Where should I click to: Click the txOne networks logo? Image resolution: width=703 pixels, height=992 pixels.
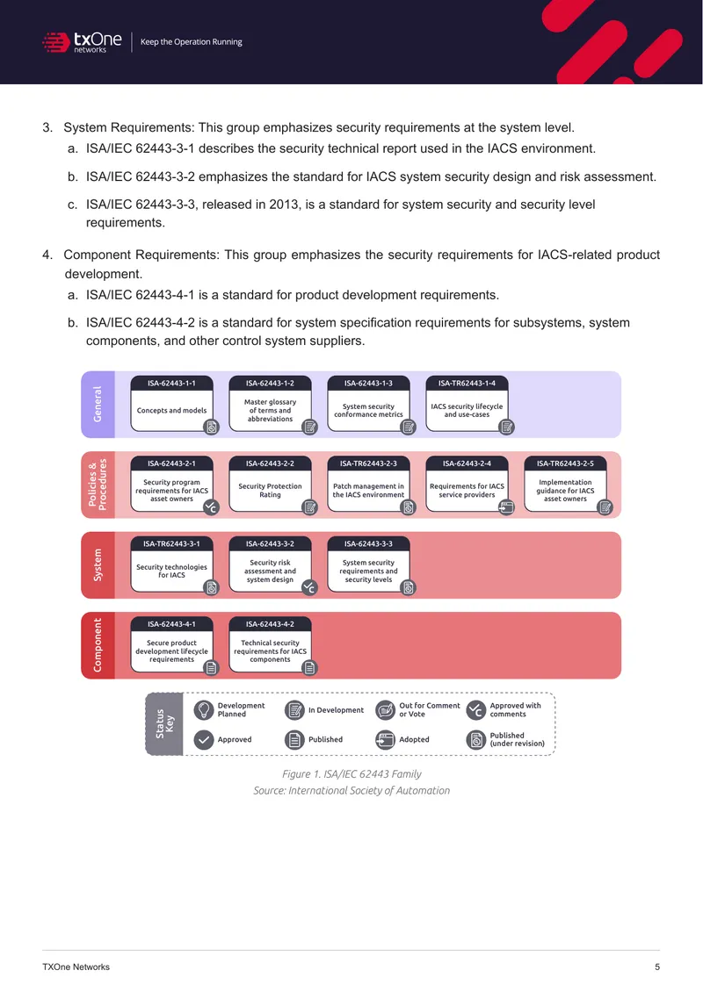[x=82, y=42]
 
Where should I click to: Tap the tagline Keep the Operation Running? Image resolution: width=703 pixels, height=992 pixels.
[x=192, y=42]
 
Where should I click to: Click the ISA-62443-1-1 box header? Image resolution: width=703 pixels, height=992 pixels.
[x=171, y=384]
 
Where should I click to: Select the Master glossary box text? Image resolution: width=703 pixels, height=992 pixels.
[x=271, y=410]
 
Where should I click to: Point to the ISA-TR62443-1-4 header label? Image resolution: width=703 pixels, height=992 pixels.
[x=467, y=384]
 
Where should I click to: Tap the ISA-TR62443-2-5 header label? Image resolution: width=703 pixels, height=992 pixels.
[x=566, y=464]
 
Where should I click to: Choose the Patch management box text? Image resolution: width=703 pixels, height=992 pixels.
[x=368, y=491]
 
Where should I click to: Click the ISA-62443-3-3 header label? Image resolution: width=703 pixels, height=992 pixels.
[x=368, y=544]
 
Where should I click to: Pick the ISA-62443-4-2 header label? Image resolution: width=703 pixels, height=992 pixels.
[x=271, y=624]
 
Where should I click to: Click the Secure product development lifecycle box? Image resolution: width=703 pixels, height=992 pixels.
[x=171, y=644]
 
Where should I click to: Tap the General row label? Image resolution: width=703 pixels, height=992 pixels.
[x=98, y=405]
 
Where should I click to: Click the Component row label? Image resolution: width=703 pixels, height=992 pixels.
[x=98, y=645]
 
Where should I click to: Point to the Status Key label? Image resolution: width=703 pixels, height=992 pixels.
[x=164, y=723]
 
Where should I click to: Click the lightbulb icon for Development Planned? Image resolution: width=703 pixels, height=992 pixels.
[x=203, y=710]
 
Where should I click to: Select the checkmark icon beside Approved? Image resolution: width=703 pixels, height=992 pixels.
[x=203, y=739]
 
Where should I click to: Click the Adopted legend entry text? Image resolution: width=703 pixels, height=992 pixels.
[x=414, y=739]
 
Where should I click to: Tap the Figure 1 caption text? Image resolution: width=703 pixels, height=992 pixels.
[x=351, y=773]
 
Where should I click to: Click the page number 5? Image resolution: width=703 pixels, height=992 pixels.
[x=657, y=967]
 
